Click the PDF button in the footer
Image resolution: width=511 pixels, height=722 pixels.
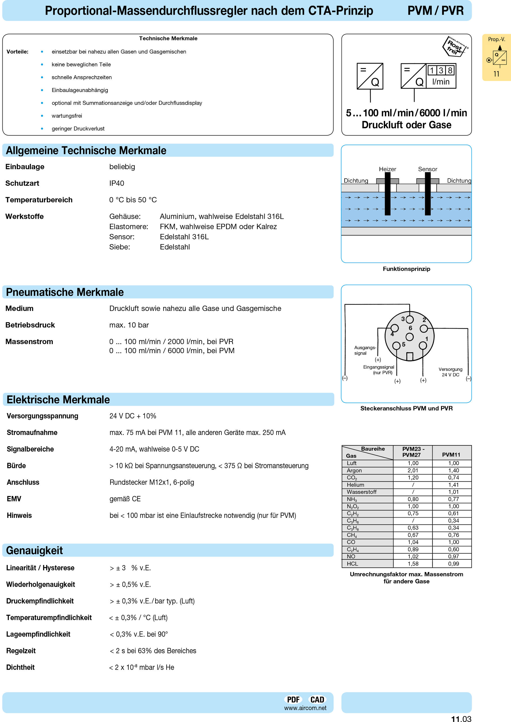[x=293, y=699]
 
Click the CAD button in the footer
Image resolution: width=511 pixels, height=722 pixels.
[x=317, y=699]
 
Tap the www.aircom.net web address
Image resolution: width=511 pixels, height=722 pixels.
[x=305, y=708]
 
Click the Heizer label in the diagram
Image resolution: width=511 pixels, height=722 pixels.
[x=387, y=169]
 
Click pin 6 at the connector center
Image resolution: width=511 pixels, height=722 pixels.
[x=409, y=336]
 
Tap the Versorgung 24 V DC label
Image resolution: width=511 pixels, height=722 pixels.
[x=450, y=372]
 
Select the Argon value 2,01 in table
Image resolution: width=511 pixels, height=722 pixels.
[x=413, y=470]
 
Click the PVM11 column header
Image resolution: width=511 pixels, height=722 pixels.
[x=451, y=455]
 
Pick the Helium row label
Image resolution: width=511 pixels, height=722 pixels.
[x=355, y=485]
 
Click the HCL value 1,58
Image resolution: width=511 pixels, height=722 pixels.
[x=413, y=563]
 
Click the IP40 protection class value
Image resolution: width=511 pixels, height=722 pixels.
[x=116, y=183]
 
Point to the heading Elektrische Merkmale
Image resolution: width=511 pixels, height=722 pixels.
[x=58, y=400]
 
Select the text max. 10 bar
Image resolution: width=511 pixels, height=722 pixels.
[x=129, y=325]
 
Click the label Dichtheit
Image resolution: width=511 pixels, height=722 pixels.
[x=20, y=667]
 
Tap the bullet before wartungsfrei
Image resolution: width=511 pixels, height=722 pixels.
[x=42, y=116]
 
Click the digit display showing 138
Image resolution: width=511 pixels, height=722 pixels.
[x=441, y=70]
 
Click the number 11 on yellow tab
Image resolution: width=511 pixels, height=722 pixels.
[x=496, y=74]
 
